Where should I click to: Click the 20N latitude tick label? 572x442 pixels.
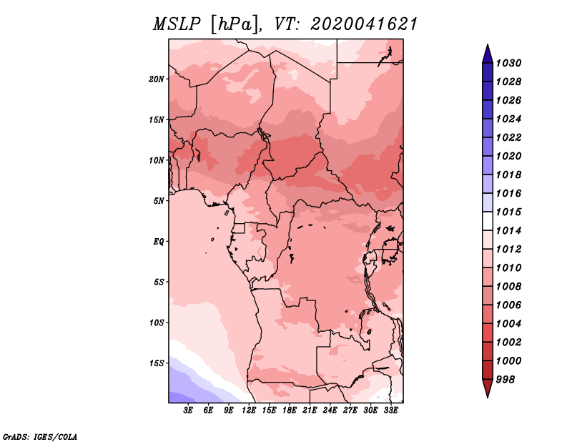[x=157, y=79]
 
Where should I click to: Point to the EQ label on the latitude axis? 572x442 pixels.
[x=159, y=242]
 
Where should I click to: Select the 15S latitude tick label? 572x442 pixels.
[x=157, y=363]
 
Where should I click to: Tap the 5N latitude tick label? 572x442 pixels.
[x=159, y=201]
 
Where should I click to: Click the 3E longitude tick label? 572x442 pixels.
[x=188, y=411]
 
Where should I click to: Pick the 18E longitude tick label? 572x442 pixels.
[x=290, y=411]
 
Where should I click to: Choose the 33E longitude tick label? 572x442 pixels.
[x=390, y=411]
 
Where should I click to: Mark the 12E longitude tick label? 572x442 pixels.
[x=249, y=411]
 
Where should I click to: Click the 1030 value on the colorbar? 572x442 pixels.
[x=508, y=63]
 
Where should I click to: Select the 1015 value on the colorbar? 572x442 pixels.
[x=508, y=212]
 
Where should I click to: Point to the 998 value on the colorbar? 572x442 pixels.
[x=506, y=380]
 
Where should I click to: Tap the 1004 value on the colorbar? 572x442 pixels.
[x=508, y=324]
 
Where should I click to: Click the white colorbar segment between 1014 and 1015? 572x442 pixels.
[x=488, y=221]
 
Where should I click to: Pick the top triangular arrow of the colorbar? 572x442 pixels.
[x=488, y=54]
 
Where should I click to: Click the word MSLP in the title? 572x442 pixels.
[x=177, y=24]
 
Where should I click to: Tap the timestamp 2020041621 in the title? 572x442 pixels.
[x=364, y=24]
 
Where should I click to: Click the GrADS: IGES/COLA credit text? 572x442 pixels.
[x=40, y=436]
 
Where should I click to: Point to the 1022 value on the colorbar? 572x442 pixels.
[x=508, y=137]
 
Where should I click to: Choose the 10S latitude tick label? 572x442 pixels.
[x=157, y=323]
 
